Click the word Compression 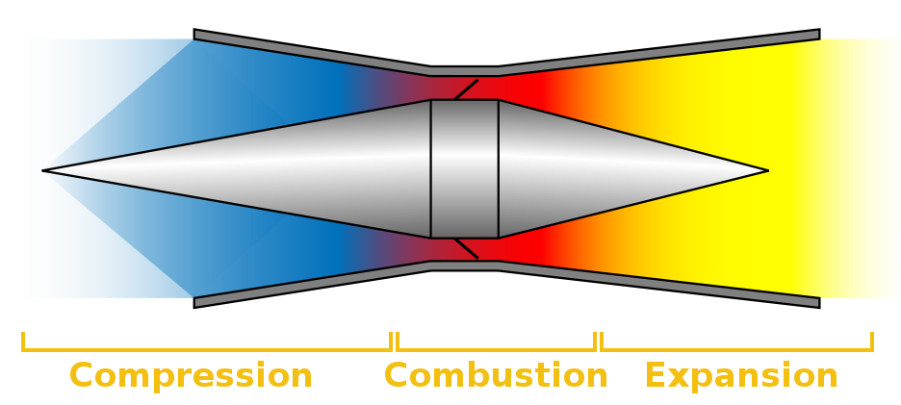[191, 376]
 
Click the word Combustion [496, 376]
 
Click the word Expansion [741, 376]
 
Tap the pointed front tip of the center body [43, 170]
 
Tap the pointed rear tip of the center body [768, 170]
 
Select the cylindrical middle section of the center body [464, 169]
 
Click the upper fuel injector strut [466, 89]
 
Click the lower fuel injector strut [466, 248]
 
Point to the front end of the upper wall [194, 35]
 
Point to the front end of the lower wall [194, 303]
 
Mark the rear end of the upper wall [819, 35]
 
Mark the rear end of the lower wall [819, 303]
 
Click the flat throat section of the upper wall [464, 70]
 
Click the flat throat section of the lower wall [464, 266]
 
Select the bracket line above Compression [207, 349]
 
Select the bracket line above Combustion [496, 349]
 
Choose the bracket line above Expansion [736, 349]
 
